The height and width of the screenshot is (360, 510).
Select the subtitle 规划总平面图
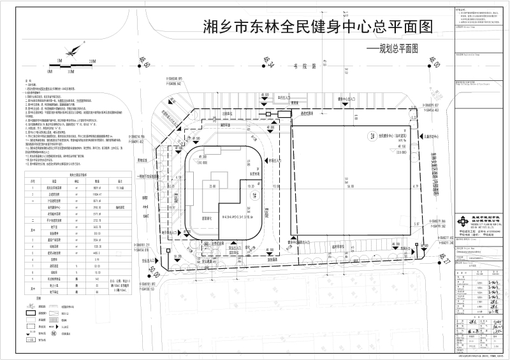[x=390, y=48]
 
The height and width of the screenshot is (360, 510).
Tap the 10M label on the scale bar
[x=92, y=61]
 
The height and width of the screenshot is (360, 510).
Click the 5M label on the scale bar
[x=58, y=61]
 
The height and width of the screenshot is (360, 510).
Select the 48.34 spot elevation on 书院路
[x=270, y=62]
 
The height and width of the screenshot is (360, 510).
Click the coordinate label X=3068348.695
[x=157, y=80]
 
